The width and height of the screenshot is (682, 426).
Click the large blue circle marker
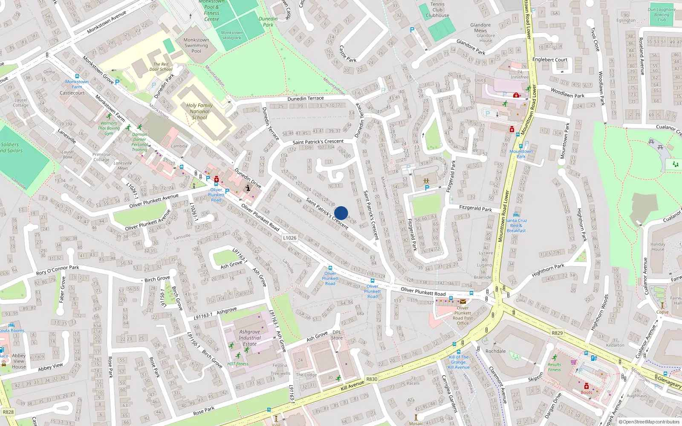click(x=341, y=213)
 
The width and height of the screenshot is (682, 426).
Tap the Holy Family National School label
click(x=199, y=112)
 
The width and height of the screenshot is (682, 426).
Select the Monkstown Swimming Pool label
click(x=196, y=46)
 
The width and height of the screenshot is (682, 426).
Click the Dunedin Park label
click(x=268, y=22)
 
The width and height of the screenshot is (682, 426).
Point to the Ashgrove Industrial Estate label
click(x=250, y=338)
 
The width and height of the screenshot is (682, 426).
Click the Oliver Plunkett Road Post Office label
click(x=463, y=316)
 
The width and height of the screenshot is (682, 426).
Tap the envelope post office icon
click(x=463, y=302)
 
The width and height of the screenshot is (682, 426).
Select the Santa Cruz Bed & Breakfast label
click(x=516, y=225)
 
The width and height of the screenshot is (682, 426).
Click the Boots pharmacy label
click(x=586, y=392)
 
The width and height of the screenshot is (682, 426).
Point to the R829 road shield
click(x=557, y=333)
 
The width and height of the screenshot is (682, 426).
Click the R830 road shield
click(x=372, y=379)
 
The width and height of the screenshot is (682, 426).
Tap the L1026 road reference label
click(x=290, y=238)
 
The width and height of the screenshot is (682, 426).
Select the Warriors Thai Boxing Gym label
click(x=109, y=128)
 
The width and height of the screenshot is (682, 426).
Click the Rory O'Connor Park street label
click(x=58, y=270)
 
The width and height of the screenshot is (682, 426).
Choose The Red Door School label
click(x=161, y=67)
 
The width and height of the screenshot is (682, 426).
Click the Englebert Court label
click(x=550, y=60)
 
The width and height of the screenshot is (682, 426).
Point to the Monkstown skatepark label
click(x=231, y=35)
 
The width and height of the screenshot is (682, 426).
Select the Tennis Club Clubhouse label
click(x=437, y=10)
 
